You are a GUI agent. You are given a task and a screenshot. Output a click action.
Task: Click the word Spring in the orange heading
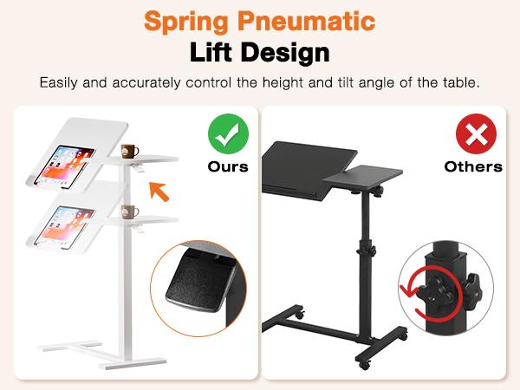click(189, 21)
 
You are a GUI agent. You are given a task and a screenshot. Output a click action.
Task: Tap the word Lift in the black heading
click(218, 52)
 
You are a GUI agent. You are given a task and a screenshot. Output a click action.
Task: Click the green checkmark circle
click(228, 134)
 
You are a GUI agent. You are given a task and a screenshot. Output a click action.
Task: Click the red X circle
click(473, 134)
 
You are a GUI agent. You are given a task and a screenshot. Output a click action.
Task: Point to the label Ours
click(228, 166)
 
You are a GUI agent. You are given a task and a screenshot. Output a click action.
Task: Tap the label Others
click(473, 166)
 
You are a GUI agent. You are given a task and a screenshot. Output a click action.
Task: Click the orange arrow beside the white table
click(158, 189)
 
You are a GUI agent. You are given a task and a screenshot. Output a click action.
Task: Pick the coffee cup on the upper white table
click(130, 151)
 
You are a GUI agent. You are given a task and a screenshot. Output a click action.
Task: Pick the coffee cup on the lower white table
click(130, 211)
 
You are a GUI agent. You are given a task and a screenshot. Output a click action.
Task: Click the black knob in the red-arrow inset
click(445, 290)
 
